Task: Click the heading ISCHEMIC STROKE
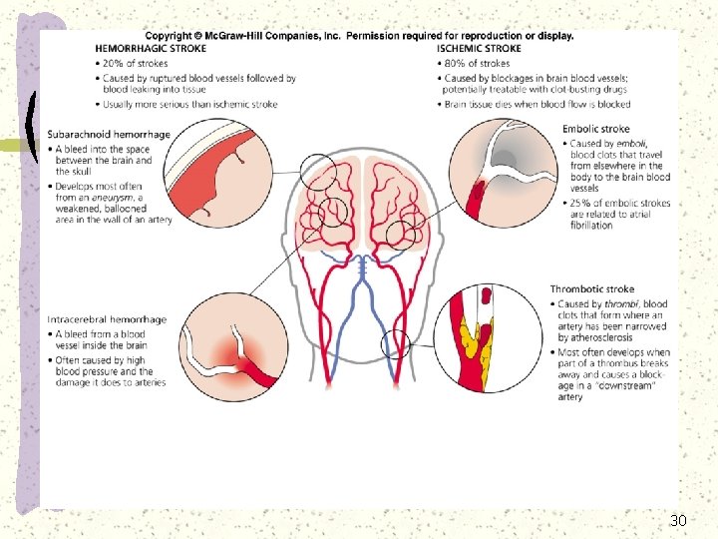point(479,48)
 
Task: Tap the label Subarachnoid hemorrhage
point(108,135)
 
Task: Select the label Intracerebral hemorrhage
point(107,319)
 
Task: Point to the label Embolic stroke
point(595,129)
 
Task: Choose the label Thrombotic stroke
point(592,289)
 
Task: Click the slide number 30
point(678,520)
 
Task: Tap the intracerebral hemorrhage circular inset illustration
point(235,345)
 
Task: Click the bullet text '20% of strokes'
point(138,64)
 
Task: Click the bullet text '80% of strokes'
point(477,64)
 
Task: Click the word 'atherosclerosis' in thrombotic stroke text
point(601,338)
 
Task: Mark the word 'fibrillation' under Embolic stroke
point(592,226)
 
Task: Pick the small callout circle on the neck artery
point(396,345)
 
